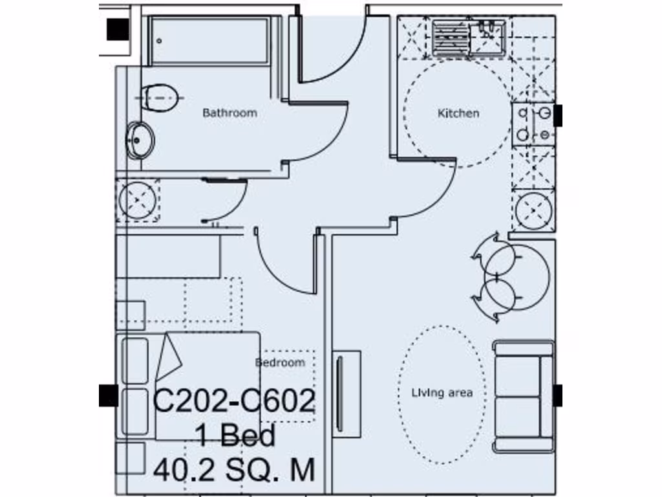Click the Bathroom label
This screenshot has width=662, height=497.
[x=230, y=113]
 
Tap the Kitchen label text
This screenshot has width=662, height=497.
[x=458, y=113]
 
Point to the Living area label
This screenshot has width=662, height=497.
[x=442, y=393]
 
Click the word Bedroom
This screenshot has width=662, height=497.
[x=280, y=362]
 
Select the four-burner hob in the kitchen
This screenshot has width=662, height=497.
[x=533, y=124]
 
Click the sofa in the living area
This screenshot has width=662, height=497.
[x=524, y=397]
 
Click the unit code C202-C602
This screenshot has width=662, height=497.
[x=234, y=402]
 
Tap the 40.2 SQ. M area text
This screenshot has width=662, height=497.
[x=234, y=469]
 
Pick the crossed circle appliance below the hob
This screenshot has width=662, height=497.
[x=534, y=210]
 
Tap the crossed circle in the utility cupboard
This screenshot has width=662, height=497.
[x=138, y=199]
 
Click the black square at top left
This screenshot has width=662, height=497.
[x=118, y=28]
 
